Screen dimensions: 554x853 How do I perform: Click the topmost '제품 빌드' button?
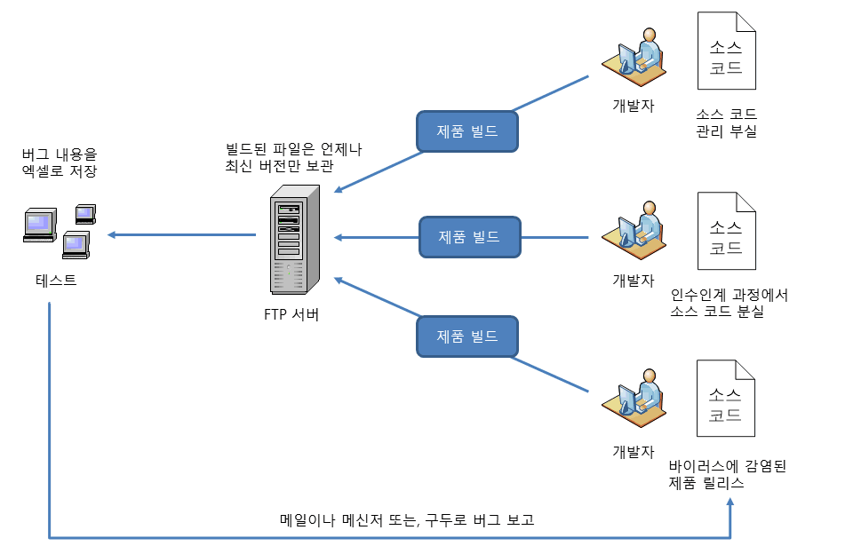pos(467,131)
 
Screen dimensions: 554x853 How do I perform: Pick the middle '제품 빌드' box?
pos(469,237)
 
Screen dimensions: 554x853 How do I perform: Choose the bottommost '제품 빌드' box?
pos(467,336)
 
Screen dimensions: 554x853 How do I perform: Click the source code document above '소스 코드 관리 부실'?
pos(727,51)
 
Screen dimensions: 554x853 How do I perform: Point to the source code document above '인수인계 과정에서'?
pos(727,232)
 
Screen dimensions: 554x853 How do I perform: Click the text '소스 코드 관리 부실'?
pos(727,123)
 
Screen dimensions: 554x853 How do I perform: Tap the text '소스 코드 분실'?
pos(719,313)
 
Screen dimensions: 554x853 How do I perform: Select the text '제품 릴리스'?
pos(707,484)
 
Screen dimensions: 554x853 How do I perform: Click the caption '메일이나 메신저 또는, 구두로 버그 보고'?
pos(408,520)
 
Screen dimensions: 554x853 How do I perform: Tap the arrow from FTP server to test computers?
pos(182,235)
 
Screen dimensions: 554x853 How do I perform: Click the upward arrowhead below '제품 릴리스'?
pos(731,503)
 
